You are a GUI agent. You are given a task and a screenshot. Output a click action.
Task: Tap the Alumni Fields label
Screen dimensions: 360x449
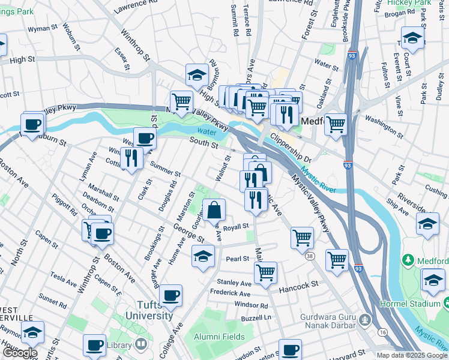(x=219, y=337)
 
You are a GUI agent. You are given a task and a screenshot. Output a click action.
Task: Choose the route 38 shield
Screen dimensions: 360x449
(x=309, y=256)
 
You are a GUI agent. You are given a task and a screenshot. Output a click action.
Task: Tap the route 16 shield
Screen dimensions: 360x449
(x=383, y=331)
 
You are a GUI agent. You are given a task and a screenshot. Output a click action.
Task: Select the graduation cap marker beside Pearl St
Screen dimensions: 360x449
(x=203, y=256)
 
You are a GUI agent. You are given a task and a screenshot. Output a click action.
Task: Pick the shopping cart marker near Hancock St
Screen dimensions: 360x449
(x=265, y=272)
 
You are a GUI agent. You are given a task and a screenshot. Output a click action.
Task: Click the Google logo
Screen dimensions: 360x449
(x=19, y=353)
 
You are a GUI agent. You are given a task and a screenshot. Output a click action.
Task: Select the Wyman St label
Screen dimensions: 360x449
(x=42, y=28)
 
